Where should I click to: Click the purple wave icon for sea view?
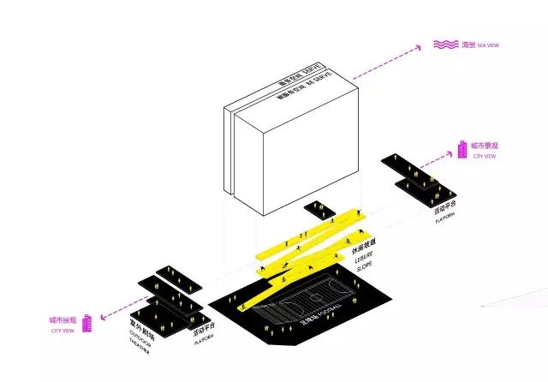click(444, 45)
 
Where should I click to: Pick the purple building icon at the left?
click(86, 325)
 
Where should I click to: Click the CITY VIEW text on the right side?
click(484, 158)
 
